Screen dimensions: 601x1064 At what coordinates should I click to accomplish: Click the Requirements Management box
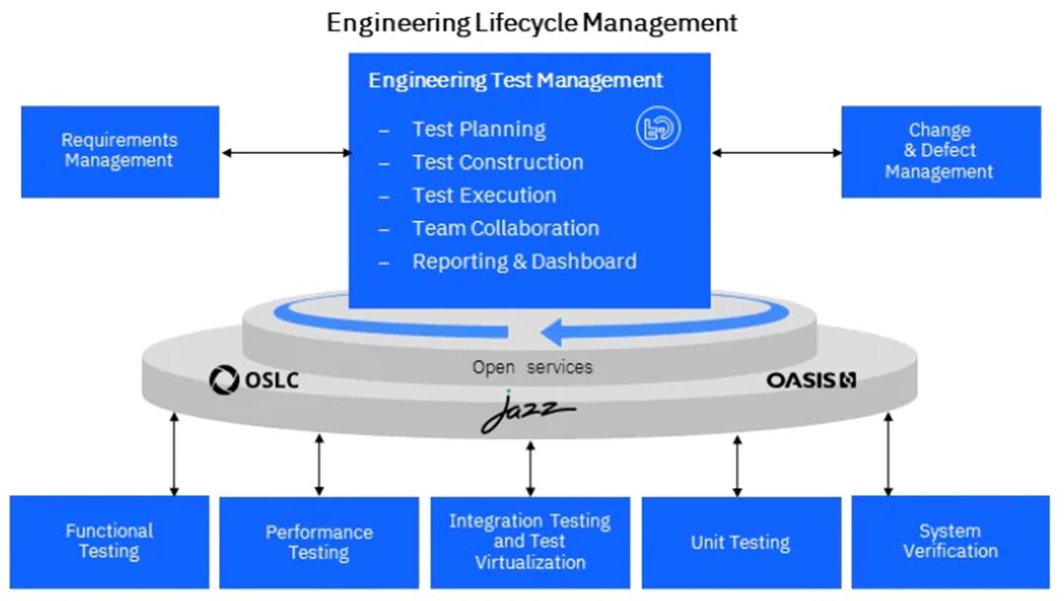click(119, 152)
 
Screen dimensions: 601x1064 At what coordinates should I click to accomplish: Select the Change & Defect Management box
click(939, 152)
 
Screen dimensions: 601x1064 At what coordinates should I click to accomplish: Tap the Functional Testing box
click(109, 541)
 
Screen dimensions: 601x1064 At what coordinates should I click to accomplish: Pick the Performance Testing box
click(318, 542)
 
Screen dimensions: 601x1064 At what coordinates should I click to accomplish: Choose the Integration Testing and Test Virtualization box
click(530, 541)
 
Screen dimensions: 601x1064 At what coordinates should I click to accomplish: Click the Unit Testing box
click(740, 542)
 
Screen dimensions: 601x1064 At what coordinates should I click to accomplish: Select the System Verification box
click(950, 541)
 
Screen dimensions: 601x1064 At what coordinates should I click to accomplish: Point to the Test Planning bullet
click(478, 129)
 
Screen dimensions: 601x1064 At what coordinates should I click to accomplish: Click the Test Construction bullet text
click(497, 163)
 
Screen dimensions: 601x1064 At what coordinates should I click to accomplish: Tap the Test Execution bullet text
click(484, 195)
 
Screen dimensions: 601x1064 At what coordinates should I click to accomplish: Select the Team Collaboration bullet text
click(505, 228)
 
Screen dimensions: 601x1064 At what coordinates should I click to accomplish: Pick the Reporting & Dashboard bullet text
click(524, 262)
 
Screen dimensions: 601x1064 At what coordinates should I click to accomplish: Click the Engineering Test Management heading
click(516, 80)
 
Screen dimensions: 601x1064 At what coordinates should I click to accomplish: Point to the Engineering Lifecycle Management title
click(532, 23)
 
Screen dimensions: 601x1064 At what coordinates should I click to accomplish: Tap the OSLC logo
click(254, 380)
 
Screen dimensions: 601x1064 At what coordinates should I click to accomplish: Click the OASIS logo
click(810, 380)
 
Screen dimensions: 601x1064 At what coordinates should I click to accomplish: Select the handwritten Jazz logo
click(527, 412)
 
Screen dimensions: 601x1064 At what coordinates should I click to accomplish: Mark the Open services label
click(532, 367)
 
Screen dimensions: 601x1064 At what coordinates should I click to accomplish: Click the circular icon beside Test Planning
click(658, 129)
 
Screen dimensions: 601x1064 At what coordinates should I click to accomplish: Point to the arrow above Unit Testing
click(737, 465)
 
